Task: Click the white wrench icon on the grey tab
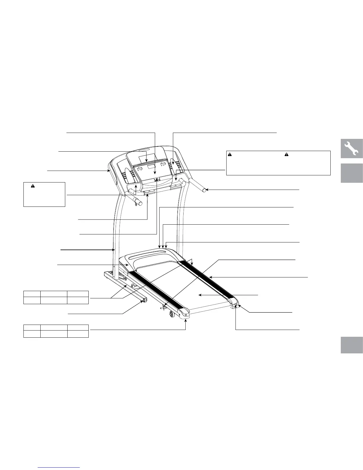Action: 352,149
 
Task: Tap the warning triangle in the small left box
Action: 33,186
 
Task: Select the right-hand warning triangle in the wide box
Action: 286,155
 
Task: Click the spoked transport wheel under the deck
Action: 171,314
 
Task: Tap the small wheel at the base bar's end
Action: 145,301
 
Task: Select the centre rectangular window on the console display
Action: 151,166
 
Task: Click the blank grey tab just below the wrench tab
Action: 352,173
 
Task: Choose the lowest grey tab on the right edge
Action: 352,345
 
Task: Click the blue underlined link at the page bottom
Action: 59,468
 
